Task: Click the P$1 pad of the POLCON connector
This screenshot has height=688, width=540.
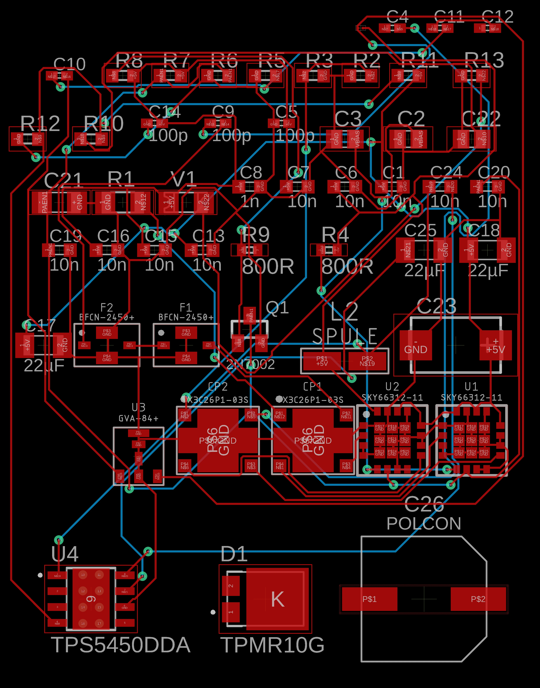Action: point(369,599)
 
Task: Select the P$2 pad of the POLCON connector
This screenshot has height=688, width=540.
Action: point(478,599)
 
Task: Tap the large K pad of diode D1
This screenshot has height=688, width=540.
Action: point(277,599)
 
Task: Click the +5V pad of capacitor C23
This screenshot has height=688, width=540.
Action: point(495,345)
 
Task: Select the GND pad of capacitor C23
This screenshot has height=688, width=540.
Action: point(415,345)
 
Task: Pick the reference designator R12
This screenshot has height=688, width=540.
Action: point(40,123)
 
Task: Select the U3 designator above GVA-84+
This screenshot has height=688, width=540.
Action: point(138,407)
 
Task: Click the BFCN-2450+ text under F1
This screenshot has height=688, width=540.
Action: point(186,317)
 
